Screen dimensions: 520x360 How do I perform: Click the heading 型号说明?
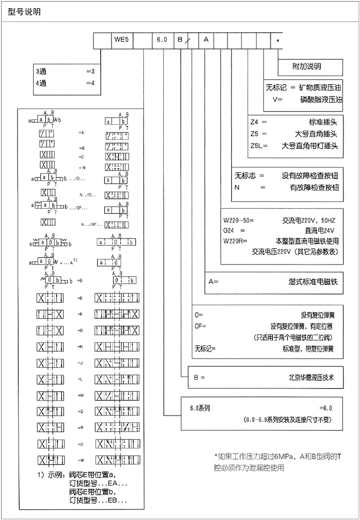(x=25, y=12)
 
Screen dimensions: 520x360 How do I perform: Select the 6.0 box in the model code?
(x=162, y=40)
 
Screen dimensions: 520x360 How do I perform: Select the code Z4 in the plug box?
(x=255, y=122)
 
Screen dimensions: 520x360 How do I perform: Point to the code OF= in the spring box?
(x=201, y=326)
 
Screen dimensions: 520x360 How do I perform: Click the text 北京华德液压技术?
(x=312, y=377)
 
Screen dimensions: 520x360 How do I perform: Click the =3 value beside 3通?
(x=90, y=72)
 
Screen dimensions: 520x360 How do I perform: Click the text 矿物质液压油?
(x=314, y=86)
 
